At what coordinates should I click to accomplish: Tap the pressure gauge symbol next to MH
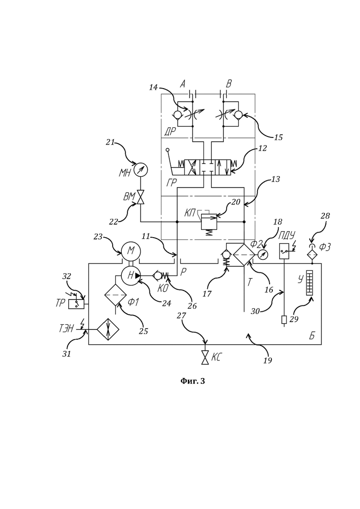141,169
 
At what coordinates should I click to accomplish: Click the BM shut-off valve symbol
141,197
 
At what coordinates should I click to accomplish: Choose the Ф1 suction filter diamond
115,295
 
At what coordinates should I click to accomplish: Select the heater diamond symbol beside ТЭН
108,329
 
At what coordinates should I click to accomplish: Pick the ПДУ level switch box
284,251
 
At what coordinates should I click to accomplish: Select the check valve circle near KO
157,275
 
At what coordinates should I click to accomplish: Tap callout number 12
263,148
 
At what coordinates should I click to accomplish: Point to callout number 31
66,354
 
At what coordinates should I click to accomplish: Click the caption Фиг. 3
192,381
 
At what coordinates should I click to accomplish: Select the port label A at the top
183,84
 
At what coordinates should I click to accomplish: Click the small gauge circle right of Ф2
262,255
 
